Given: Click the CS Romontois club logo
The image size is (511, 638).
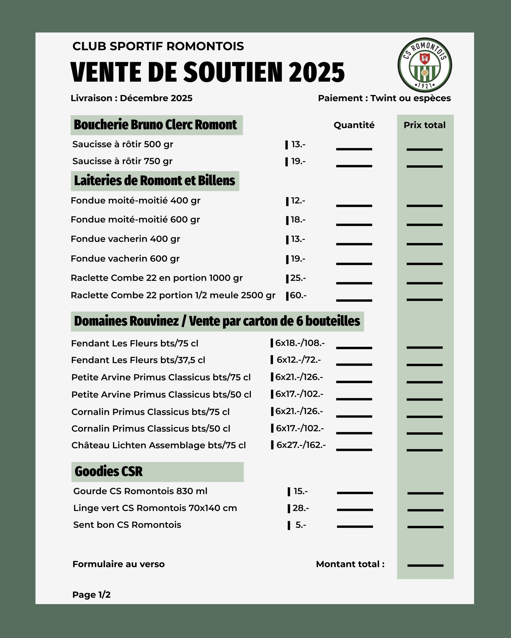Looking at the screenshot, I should [x=424, y=65].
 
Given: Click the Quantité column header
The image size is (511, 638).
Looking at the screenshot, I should [x=354, y=125].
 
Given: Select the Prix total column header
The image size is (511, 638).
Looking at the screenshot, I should [x=424, y=125].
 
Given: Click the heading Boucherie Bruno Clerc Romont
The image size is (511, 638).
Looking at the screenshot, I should [x=155, y=125].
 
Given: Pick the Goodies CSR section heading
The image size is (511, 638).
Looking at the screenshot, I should [x=109, y=472].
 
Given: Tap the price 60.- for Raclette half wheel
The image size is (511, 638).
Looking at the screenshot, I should [x=298, y=295].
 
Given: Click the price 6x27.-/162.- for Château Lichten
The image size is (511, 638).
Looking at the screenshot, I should [x=301, y=445].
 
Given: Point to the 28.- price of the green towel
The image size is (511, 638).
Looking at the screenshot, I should [x=300, y=508].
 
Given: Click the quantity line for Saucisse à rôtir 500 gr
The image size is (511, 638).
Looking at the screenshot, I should [x=354, y=149].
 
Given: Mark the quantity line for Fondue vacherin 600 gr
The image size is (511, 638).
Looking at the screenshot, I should [x=354, y=263].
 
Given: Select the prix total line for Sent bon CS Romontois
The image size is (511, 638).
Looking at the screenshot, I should [x=425, y=527].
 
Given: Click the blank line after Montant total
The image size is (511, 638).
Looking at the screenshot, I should [x=425, y=565].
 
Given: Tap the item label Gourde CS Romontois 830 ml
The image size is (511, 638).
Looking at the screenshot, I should [x=140, y=491].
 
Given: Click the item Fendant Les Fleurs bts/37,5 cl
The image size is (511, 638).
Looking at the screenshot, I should [x=138, y=360].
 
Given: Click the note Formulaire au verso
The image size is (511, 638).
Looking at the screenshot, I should [x=119, y=564].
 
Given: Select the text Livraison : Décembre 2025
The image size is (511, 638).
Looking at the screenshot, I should [x=131, y=98].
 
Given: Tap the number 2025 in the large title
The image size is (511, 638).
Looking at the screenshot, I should [x=316, y=73].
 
